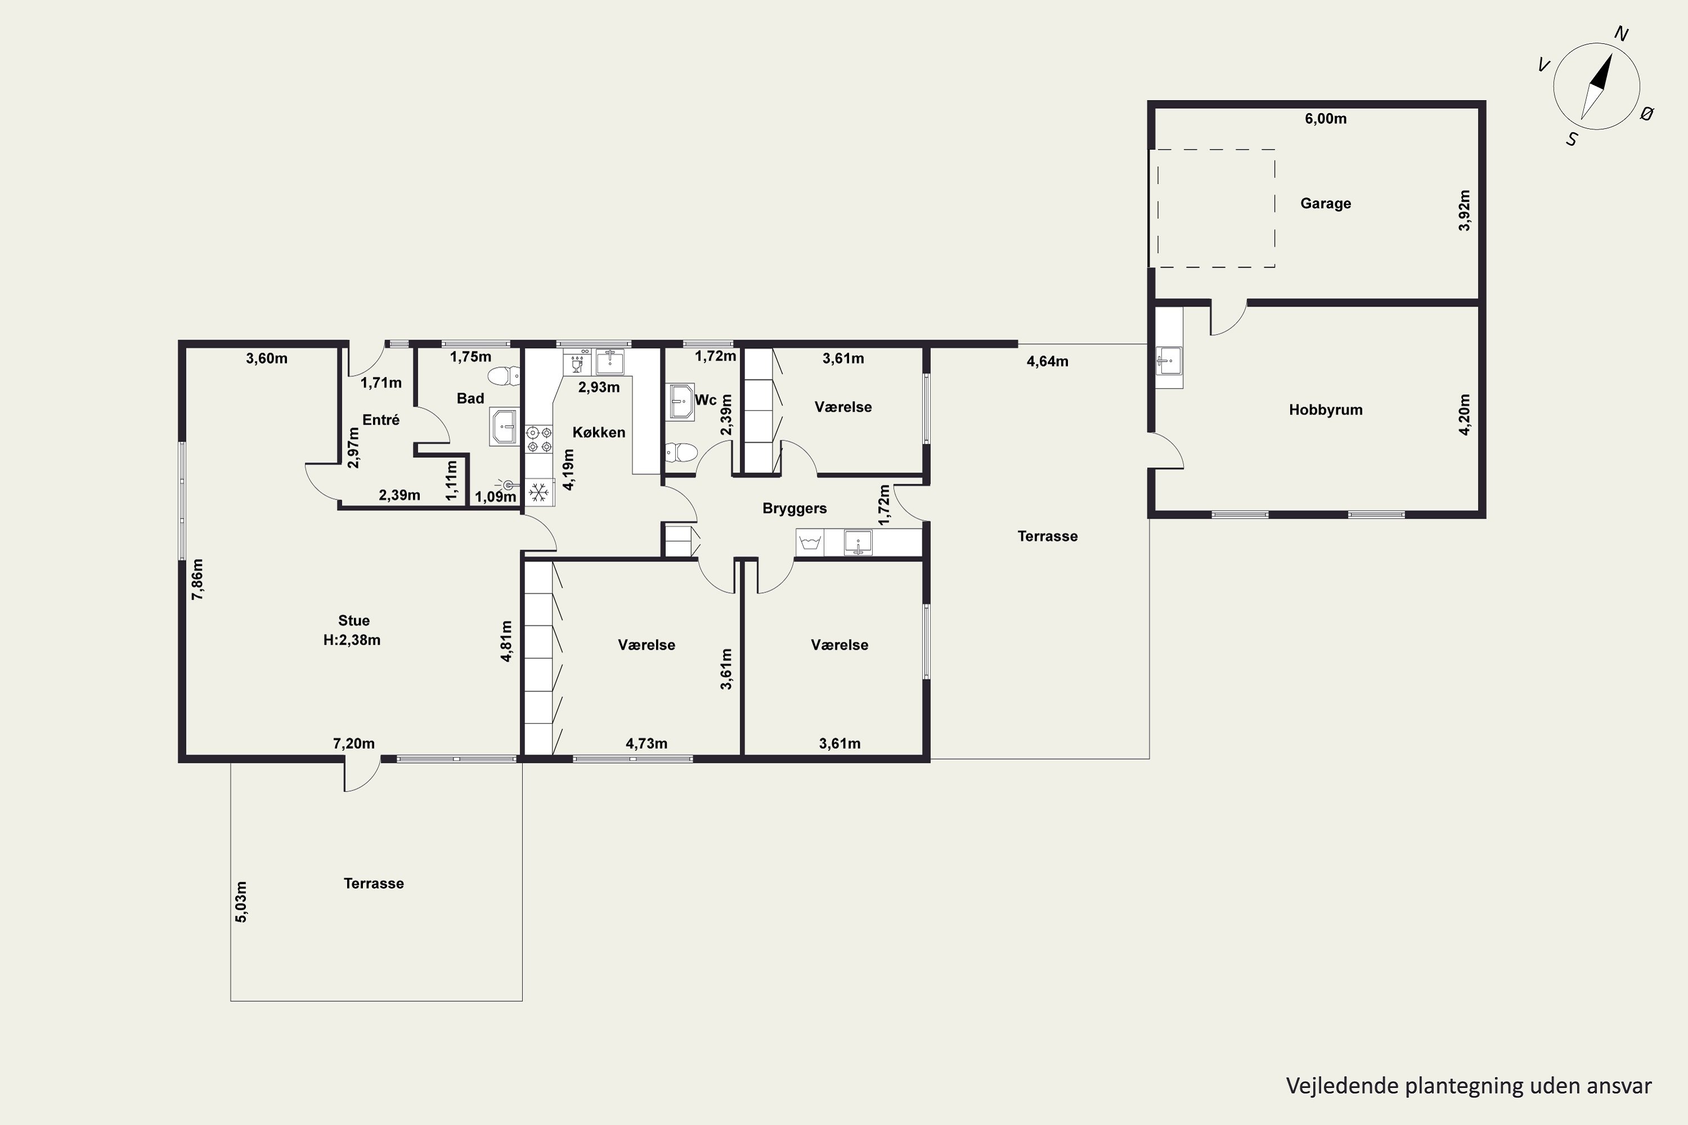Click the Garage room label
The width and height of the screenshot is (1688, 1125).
click(x=1325, y=204)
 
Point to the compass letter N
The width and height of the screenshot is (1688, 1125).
click(x=1620, y=34)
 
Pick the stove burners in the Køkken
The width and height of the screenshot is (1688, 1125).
click(x=539, y=439)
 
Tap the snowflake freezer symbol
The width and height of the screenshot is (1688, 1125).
click(x=539, y=492)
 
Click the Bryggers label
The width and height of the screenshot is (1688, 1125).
click(x=794, y=508)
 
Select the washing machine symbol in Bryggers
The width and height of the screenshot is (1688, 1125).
click(x=810, y=542)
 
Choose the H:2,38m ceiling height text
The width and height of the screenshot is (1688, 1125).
click(x=352, y=640)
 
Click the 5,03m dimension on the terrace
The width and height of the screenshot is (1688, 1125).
click(x=241, y=902)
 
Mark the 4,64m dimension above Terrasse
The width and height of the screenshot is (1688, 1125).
click(x=1047, y=362)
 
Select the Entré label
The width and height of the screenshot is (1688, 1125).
click(x=380, y=420)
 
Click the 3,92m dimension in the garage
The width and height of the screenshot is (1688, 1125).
click(x=1465, y=210)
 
